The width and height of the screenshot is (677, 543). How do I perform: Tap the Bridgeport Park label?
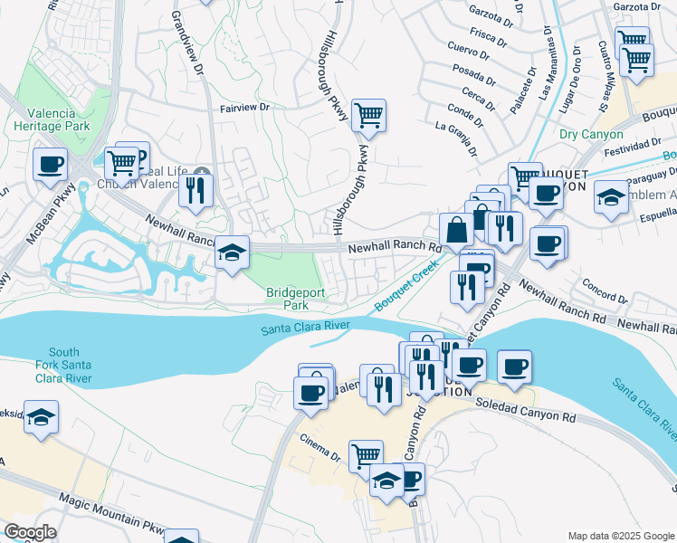tap(295, 299)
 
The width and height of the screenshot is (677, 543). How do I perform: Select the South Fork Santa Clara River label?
tap(64, 365)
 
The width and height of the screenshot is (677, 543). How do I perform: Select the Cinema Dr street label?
tap(321, 449)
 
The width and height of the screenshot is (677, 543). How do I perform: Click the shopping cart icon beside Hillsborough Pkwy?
tap(368, 115)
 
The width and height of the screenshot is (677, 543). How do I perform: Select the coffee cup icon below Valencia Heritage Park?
tap(50, 164)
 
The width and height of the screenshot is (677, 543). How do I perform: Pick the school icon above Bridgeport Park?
tap(233, 252)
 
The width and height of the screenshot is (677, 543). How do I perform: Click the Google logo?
tap(31, 532)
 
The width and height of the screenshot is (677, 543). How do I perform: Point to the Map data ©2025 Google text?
tap(619, 535)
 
